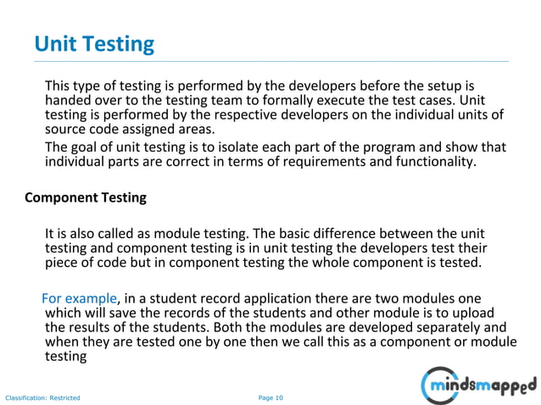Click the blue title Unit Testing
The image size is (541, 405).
pyautogui.click(x=93, y=43)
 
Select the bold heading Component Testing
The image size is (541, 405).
pyautogui.click(x=86, y=197)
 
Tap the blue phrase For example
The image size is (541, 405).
pyautogui.click(x=80, y=298)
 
